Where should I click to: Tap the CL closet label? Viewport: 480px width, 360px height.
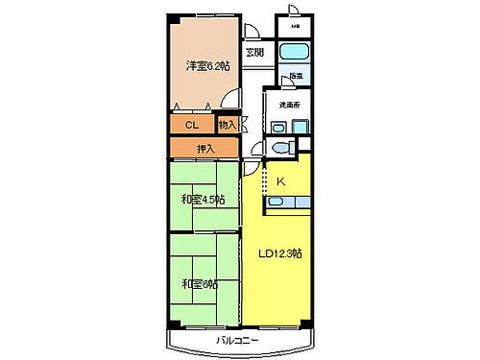[192, 125]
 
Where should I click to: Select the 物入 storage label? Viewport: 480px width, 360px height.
[228, 124]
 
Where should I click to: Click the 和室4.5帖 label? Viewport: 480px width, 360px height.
[203, 200]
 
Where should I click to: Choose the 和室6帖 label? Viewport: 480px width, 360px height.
[200, 283]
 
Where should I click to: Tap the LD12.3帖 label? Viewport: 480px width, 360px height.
[280, 253]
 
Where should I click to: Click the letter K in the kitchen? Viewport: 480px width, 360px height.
[281, 180]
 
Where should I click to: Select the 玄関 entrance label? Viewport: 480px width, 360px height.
[252, 52]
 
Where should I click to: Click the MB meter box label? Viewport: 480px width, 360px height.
[296, 27]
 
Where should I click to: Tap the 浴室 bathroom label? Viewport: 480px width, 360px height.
[296, 76]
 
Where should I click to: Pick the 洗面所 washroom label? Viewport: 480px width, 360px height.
[291, 104]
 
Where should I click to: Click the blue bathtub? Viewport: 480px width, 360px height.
[294, 52]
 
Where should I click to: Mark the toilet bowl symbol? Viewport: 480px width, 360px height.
[279, 146]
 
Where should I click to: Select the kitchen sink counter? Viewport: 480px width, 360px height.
[287, 201]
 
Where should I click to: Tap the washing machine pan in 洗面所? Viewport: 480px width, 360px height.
[301, 126]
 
